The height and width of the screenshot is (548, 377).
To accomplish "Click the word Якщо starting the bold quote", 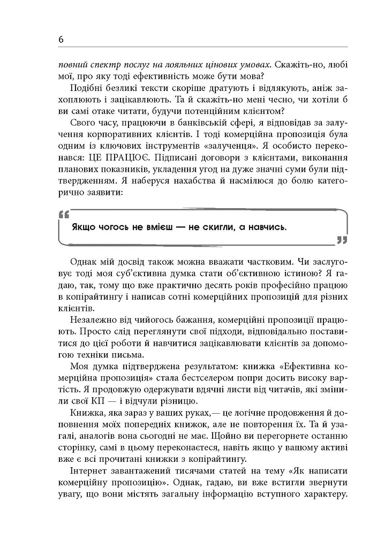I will point(83,226).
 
